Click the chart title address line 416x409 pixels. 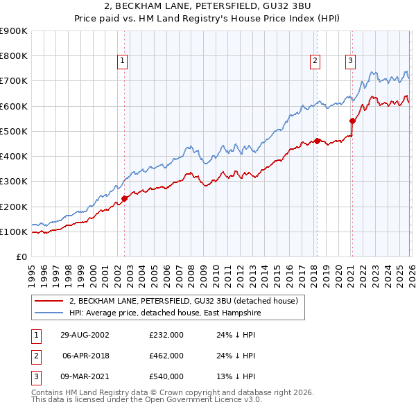pos(208,8)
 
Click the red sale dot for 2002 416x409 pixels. pos(125,198)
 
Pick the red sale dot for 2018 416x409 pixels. pos(317,141)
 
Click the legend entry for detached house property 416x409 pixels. pos(183,301)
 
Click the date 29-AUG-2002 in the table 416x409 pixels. pos(85,335)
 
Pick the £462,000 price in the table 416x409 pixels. pos(166,356)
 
